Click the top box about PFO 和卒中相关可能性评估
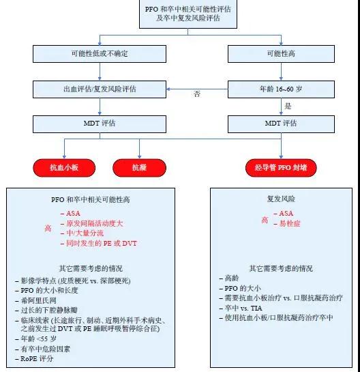(188, 14)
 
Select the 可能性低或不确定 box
(100, 54)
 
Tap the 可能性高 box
(281, 54)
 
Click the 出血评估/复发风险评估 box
(100, 89)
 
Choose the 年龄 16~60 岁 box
(281, 89)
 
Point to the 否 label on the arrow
(197, 94)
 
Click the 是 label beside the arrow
(288, 106)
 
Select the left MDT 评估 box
(100, 124)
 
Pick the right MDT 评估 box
(281, 124)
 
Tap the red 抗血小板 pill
(64, 168)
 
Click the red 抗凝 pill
(139, 168)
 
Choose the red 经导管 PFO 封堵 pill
(281, 168)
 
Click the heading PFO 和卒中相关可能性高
(91, 199)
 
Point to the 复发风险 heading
(281, 199)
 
